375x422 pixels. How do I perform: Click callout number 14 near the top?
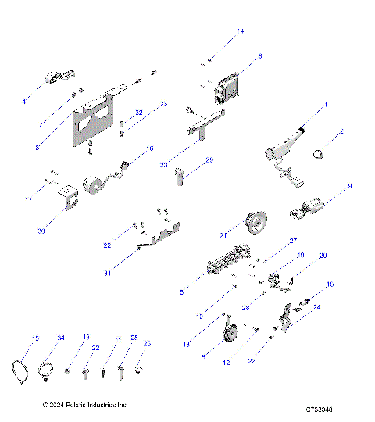click(x=240, y=30)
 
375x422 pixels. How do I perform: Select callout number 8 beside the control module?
click(x=259, y=56)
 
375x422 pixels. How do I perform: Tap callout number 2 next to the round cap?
click(x=341, y=133)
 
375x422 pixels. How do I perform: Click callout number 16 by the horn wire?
click(x=150, y=148)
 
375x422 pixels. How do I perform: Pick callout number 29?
click(x=209, y=160)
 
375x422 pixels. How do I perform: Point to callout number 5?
click(x=182, y=292)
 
